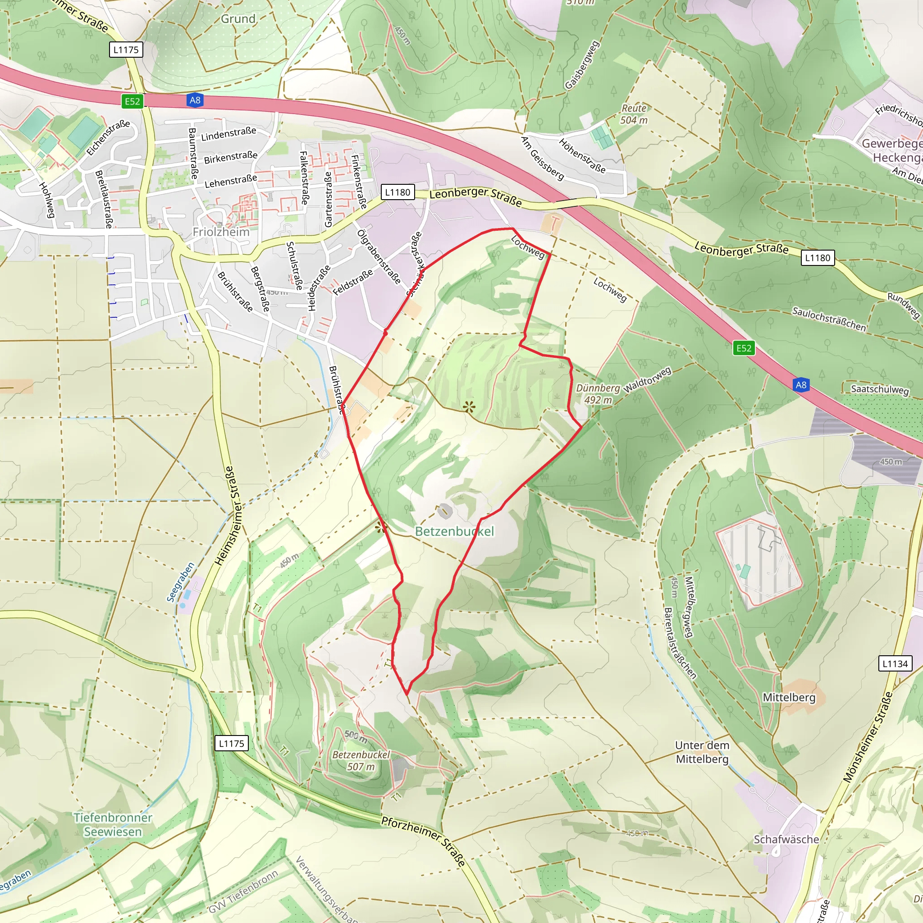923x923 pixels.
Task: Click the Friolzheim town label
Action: click(221, 232)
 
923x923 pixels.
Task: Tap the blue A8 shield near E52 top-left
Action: click(195, 101)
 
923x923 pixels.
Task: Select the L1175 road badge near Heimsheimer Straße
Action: click(231, 743)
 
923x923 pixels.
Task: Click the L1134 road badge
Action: click(895, 663)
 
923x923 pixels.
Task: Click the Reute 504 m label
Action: click(634, 114)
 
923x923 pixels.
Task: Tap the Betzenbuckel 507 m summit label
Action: click(361, 761)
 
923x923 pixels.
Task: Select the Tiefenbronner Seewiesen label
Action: click(113, 825)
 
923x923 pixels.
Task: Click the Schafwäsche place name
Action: click(786, 839)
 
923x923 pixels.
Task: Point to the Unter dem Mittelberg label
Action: click(702, 752)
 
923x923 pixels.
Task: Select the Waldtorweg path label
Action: click(647, 380)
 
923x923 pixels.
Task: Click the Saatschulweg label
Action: click(880, 389)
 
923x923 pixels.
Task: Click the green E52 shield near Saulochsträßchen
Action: click(743, 348)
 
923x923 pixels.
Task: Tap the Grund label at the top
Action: click(238, 19)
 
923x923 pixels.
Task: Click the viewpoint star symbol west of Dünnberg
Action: click(469, 407)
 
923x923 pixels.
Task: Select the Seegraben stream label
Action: click(181, 582)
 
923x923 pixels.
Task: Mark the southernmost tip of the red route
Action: click(407, 694)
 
